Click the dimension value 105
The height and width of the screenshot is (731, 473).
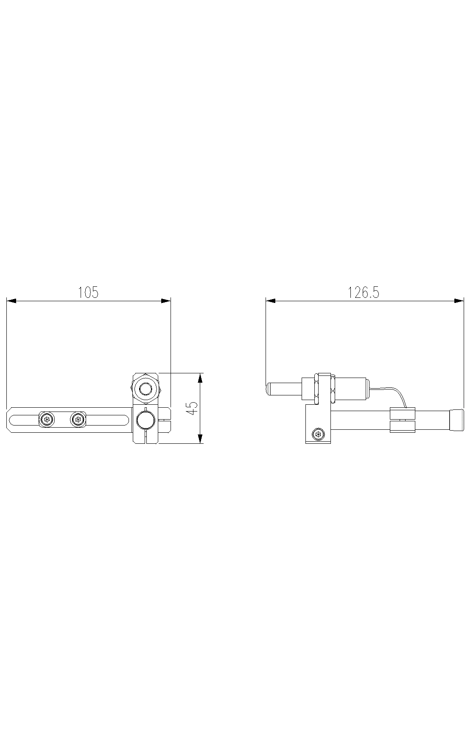point(88,292)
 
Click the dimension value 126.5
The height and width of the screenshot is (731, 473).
point(364,292)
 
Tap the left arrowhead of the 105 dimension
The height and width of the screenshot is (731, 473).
point(11,301)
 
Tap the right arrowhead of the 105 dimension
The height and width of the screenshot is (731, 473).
point(166,301)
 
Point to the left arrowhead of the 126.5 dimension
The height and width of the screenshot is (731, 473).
point(271,301)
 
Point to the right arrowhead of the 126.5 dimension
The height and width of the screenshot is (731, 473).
point(459,301)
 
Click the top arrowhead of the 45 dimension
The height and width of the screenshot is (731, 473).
point(201,378)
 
